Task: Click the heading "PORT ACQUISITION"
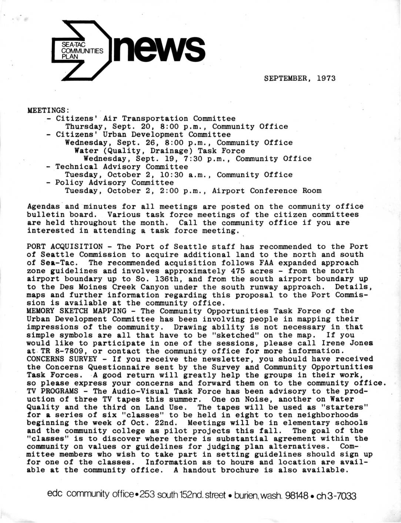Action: click(65, 246)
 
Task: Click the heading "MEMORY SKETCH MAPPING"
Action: click(77, 311)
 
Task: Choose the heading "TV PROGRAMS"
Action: click(53, 391)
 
